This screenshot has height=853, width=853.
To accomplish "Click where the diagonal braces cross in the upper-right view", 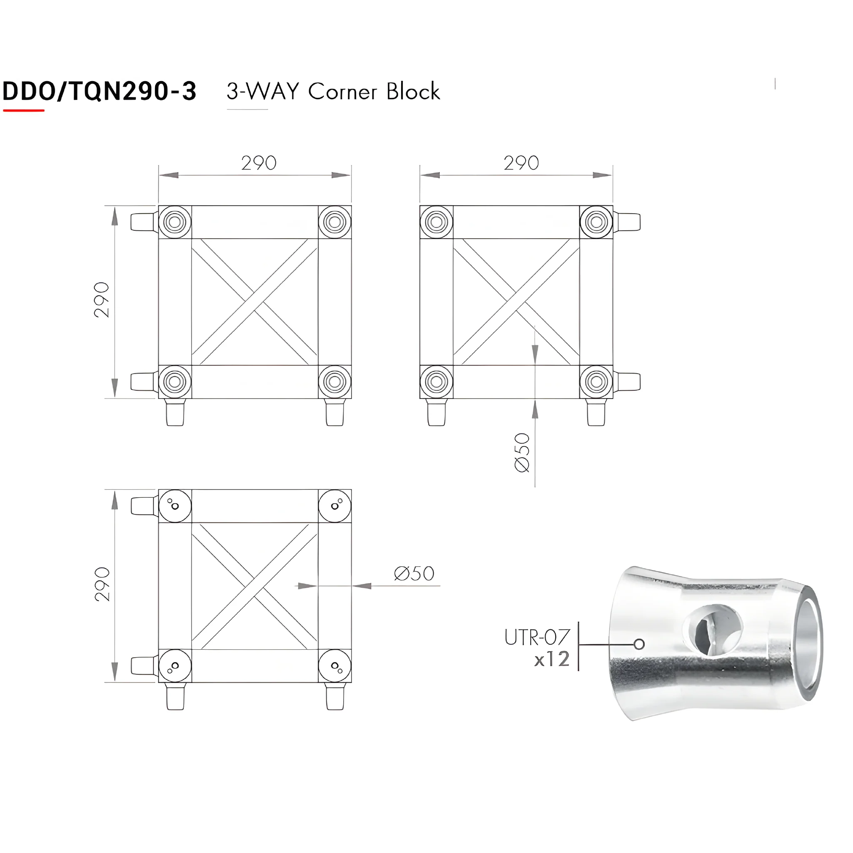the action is [516, 302].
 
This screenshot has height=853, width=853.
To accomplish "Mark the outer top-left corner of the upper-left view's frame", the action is [159, 206].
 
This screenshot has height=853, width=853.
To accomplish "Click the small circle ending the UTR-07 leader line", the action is [639, 644].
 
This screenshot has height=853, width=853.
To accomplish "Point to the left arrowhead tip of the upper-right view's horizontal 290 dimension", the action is [421, 175].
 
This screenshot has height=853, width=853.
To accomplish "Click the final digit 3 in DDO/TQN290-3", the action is [189, 91].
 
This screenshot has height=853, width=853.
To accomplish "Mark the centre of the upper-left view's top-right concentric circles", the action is [335, 222].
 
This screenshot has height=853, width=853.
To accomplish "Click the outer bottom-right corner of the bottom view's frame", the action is [352, 683].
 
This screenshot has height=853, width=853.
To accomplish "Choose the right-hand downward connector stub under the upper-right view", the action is [596, 412].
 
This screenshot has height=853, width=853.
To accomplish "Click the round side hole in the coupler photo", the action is [712, 630].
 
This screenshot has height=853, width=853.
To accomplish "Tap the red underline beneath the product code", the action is [24, 110].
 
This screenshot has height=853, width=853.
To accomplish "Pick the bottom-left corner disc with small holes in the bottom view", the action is [175, 666].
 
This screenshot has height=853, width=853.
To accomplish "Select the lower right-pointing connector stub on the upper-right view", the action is [626, 382].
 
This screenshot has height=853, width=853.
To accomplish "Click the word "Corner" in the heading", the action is [343, 92].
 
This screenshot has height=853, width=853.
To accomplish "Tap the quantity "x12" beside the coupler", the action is [552, 660].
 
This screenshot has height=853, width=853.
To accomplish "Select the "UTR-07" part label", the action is [537, 638].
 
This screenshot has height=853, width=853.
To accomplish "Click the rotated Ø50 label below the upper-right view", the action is [522, 453].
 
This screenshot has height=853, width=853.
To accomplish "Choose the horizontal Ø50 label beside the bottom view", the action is [414, 574].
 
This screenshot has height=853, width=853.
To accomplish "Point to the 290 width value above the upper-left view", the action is [259, 163].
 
